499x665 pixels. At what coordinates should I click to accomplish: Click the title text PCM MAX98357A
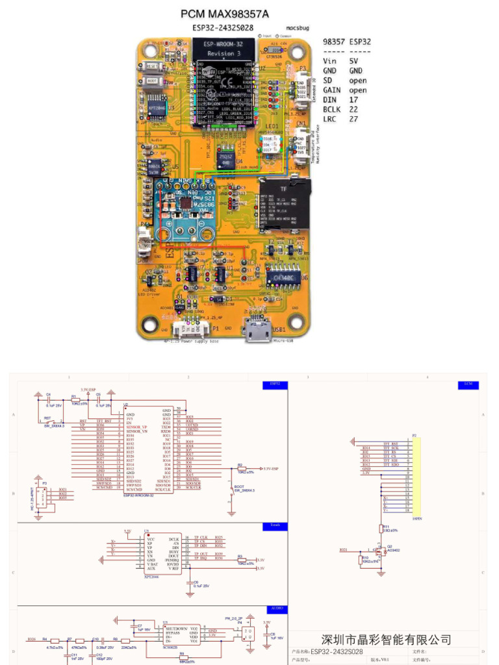click(x=224, y=14)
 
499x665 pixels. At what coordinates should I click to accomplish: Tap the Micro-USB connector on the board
click(x=259, y=331)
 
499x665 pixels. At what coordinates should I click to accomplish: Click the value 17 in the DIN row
click(x=353, y=100)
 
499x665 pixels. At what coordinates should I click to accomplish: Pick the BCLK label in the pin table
click(x=333, y=110)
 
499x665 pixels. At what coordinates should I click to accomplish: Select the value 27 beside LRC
click(x=353, y=119)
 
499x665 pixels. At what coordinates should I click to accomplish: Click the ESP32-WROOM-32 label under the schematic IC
click(x=138, y=495)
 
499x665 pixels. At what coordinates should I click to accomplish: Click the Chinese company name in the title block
click(x=387, y=640)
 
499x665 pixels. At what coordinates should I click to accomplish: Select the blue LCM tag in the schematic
click(x=468, y=384)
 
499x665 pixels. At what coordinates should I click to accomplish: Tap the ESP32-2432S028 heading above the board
click(x=223, y=28)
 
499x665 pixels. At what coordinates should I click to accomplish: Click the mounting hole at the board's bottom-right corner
click(x=297, y=320)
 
